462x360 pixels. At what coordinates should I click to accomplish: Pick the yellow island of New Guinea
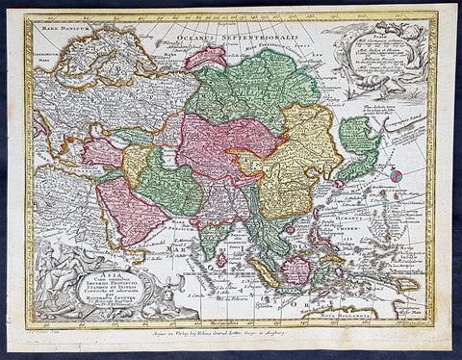(x=403, y=283)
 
